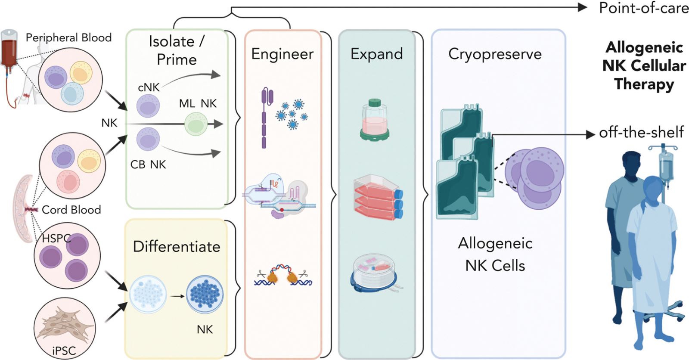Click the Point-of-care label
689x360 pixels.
point(643,8)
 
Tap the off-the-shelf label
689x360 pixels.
point(641,133)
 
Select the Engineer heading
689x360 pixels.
point(282,54)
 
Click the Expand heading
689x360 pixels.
point(376,54)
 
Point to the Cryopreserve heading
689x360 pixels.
point(495,54)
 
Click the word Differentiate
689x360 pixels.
point(177,247)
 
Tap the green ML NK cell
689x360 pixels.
point(196,124)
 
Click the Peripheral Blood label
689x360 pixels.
point(68,38)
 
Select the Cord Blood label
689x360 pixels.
point(71,210)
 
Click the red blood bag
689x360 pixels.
point(9,49)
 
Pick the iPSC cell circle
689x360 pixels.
point(64,328)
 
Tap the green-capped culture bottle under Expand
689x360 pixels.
point(374,119)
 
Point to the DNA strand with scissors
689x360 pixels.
point(283,276)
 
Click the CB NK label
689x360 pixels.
point(148,164)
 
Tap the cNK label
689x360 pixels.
point(149,87)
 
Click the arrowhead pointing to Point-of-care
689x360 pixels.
point(582,7)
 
